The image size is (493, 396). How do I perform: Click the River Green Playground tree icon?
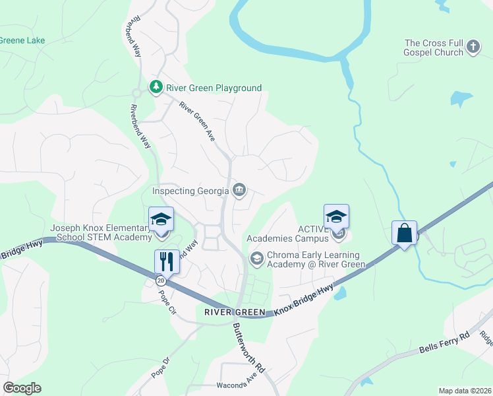[156, 88]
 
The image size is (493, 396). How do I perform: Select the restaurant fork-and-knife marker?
[166, 261]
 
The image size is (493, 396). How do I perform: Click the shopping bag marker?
[404, 232]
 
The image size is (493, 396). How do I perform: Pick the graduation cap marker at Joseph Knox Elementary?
[161, 220]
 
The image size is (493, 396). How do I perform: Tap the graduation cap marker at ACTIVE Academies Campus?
[336, 216]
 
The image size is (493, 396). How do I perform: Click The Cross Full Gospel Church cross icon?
[473, 47]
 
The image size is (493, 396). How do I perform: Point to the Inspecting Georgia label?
[190, 191]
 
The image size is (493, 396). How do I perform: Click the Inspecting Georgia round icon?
[239, 191]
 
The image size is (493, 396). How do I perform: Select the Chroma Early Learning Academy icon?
[256, 258]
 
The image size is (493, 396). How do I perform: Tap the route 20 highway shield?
[161, 280]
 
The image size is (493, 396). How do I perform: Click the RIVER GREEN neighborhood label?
[235, 312]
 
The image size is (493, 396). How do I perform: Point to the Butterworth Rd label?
[248, 348]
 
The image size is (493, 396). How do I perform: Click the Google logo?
[22, 388]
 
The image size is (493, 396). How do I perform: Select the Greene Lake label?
[22, 40]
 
